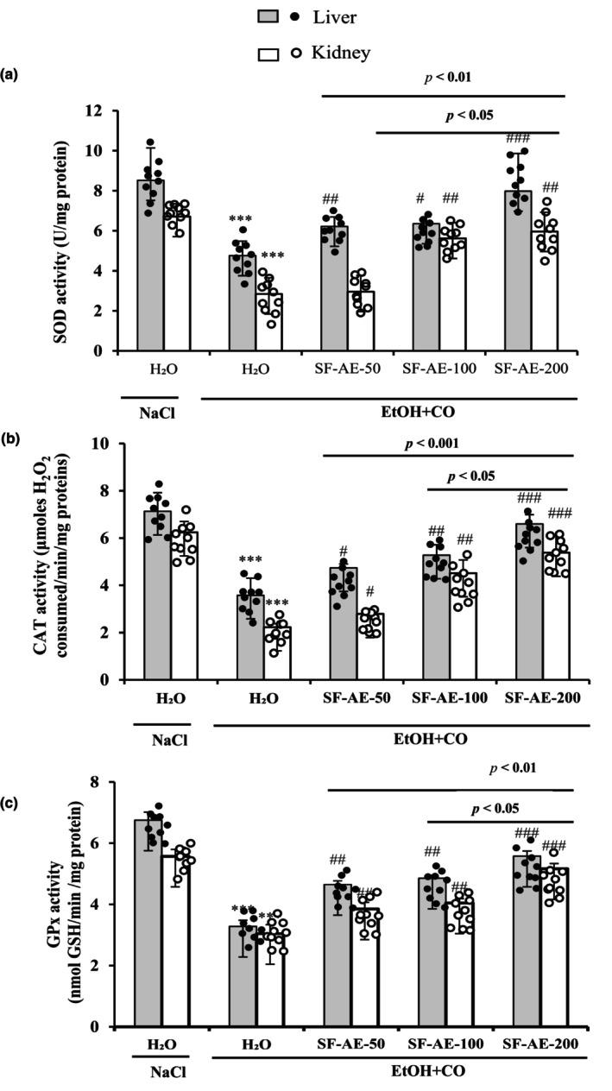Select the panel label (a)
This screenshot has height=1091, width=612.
point(10,75)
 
